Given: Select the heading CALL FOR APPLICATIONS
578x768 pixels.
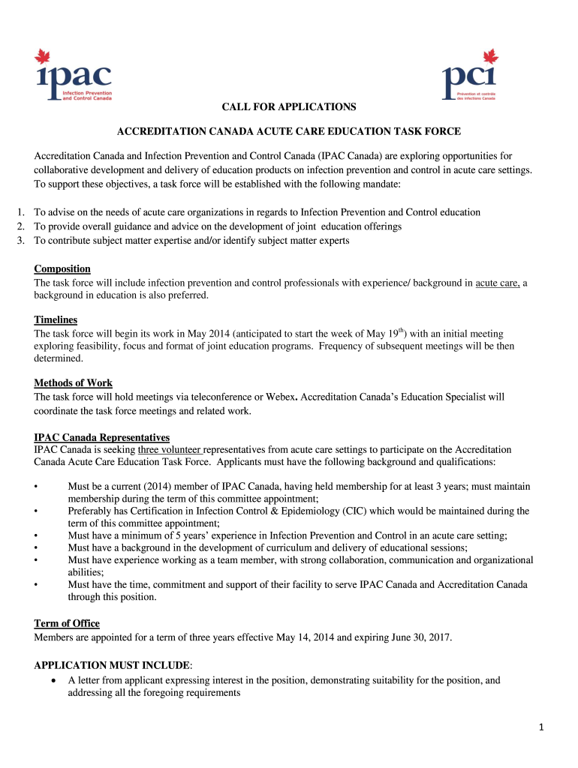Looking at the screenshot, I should pos(288,107).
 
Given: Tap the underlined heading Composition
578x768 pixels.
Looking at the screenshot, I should pos(62,269).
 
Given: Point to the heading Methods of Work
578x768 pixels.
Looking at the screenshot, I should pos(74,383).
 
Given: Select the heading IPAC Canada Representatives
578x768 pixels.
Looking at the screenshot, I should pos(102,437).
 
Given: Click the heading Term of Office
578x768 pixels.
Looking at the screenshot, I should pos(67,624).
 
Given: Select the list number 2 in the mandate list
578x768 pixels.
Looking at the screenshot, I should pos(21,226).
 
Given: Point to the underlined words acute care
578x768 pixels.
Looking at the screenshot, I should pos(497,283).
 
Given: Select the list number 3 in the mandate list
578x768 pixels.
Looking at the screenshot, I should pos(21,240).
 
